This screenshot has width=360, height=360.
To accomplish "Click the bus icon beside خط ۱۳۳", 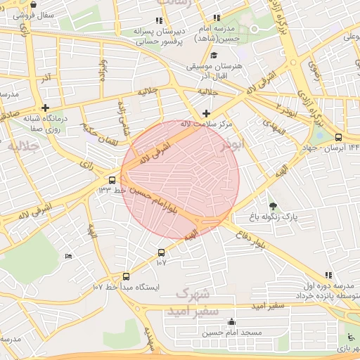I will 112,179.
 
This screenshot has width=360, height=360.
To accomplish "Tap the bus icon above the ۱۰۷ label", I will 161,252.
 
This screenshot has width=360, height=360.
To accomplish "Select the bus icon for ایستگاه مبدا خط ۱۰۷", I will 126,276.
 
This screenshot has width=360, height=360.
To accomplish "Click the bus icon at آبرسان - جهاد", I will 339,138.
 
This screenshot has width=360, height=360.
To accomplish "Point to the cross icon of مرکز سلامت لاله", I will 205,113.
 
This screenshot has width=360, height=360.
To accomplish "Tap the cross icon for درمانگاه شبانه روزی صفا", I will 46,108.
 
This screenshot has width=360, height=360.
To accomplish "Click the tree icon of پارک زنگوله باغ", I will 273,206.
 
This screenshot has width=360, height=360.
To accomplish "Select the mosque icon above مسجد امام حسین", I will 231,322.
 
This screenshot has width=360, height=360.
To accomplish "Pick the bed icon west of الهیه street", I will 67,256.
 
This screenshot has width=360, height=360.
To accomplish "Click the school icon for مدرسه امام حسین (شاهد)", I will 217,18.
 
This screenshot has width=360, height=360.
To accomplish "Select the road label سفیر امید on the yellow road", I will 269,306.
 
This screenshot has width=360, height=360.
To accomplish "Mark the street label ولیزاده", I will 103,71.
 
